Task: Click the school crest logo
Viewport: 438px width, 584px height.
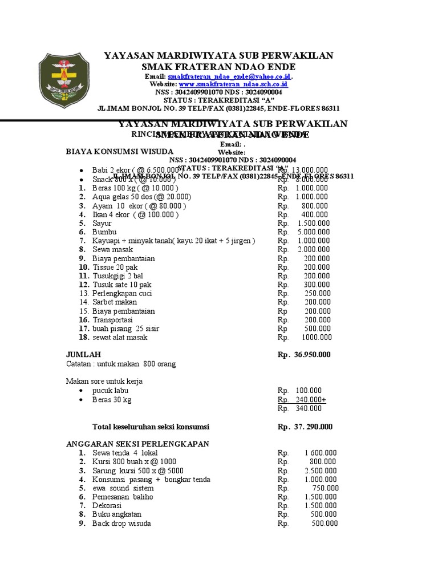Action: point(64,78)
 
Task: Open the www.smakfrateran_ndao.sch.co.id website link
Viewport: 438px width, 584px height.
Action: point(233,84)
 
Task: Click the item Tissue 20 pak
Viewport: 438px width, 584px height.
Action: point(115,267)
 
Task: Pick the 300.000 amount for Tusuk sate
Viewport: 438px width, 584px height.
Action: point(317,285)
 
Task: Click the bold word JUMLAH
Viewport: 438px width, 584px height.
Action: point(84,354)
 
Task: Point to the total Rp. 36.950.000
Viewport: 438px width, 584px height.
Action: point(303,355)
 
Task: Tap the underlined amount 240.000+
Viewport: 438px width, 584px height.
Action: point(310,400)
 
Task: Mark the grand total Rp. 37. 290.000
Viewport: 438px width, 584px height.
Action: point(305,427)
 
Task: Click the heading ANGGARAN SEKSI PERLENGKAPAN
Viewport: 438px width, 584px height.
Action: point(137,444)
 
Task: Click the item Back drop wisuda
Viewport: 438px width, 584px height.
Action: point(121,524)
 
